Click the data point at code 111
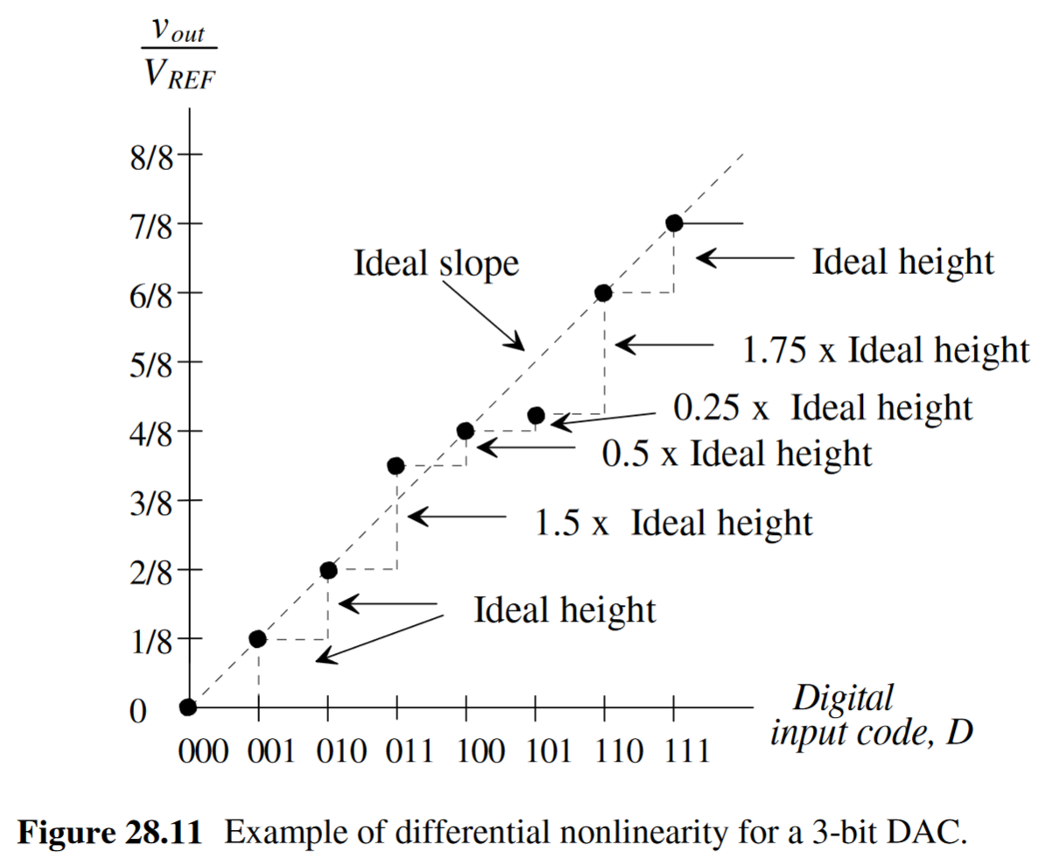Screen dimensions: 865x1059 tap(674, 223)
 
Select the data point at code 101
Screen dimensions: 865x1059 tap(537, 415)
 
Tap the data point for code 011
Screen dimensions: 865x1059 tap(396, 466)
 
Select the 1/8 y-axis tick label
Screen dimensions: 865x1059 tap(151, 643)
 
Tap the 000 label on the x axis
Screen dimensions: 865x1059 tap(203, 751)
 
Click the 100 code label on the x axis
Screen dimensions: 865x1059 tap(480, 751)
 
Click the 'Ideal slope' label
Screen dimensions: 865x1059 tap(436, 263)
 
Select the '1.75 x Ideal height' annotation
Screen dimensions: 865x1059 tap(886, 350)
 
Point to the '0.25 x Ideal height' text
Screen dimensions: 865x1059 tap(823, 408)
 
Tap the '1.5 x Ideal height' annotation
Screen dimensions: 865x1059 tap(673, 523)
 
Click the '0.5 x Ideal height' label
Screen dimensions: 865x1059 tap(737, 454)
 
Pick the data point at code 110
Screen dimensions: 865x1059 tap(603, 293)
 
